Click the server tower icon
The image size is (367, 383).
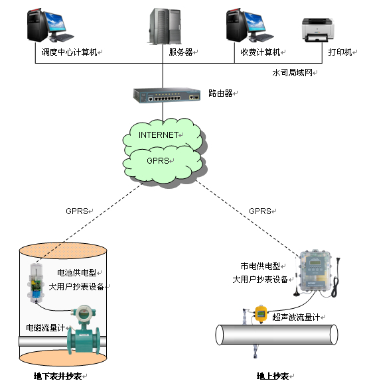165,27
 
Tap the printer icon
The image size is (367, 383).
318,30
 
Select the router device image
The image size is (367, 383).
167,95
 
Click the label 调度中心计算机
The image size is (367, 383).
70,52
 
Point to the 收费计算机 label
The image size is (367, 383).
260,52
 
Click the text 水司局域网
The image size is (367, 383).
293,72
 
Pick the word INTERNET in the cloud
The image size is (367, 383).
159,135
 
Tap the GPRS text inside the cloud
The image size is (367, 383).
158,160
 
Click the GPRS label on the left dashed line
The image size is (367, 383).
77,211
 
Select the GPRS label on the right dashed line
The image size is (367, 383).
260,211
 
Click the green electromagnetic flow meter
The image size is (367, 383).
84,329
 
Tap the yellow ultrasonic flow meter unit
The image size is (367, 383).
261,313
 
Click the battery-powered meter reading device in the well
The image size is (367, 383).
36,284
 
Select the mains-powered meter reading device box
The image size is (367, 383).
315,270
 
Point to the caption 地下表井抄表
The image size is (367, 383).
58,376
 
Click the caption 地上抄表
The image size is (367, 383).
273,376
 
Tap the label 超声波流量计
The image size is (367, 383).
296,317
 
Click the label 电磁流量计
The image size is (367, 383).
46,327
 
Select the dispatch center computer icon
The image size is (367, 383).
50,25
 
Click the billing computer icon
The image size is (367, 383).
250,25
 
